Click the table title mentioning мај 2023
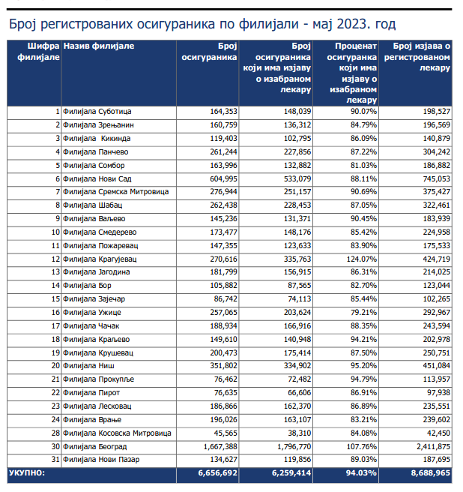click(x=202, y=24)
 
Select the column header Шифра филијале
click(x=34, y=52)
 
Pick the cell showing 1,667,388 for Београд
click(x=217, y=446)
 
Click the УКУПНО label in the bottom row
click(x=27, y=473)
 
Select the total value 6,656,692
click(x=218, y=473)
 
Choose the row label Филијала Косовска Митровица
click(x=118, y=433)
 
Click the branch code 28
click(x=55, y=433)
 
